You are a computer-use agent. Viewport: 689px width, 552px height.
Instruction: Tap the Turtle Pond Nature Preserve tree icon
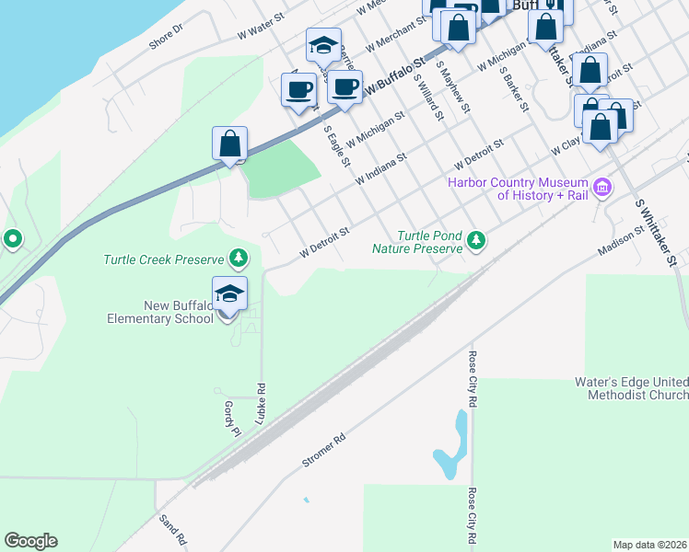(476, 241)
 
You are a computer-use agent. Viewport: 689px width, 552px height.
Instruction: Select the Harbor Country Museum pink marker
(602, 189)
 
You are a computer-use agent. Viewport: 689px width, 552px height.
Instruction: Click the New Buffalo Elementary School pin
(229, 295)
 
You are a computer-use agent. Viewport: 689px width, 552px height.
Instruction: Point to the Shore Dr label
(166, 36)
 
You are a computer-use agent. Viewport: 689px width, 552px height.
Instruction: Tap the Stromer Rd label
(323, 450)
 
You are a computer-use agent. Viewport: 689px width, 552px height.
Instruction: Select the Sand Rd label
(173, 525)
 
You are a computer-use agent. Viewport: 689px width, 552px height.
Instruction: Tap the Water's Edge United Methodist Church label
(637, 388)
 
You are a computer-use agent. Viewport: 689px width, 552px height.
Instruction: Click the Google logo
(30, 540)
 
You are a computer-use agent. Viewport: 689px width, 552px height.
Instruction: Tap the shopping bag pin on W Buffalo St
(230, 145)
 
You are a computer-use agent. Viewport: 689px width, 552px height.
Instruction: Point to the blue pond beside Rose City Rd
(452, 447)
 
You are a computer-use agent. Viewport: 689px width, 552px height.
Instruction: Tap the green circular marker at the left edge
(13, 240)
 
